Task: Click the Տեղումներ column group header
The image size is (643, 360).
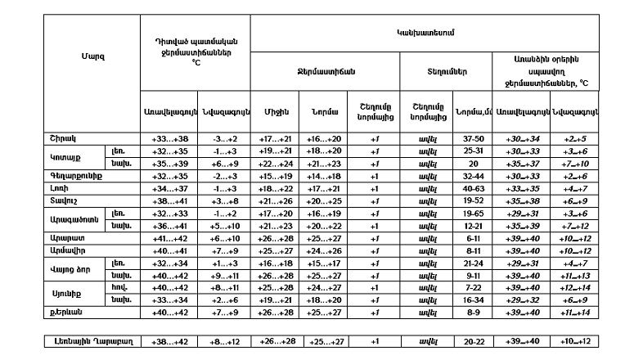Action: click(x=447, y=71)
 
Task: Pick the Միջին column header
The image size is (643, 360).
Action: click(x=277, y=112)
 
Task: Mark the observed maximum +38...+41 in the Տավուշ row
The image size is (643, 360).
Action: click(x=170, y=200)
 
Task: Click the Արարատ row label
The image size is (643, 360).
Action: click(x=64, y=237)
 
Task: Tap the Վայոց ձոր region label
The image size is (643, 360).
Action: click(x=70, y=268)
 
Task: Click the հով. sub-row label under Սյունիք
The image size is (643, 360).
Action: click(x=119, y=287)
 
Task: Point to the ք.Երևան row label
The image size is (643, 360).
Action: click(x=65, y=312)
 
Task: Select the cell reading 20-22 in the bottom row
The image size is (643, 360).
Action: click(x=469, y=341)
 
